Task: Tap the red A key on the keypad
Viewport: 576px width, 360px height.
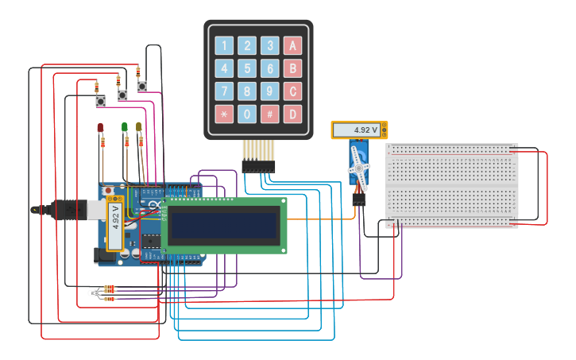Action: click(x=293, y=46)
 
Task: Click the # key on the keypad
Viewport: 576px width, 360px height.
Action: click(x=270, y=114)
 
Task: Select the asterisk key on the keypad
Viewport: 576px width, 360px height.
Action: click(x=224, y=114)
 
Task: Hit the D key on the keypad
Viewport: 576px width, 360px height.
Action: click(x=293, y=114)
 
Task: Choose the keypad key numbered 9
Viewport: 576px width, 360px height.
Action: click(x=270, y=91)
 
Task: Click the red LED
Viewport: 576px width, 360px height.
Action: click(x=100, y=128)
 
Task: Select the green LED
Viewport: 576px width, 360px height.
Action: click(x=125, y=127)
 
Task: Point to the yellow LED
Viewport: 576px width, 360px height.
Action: click(x=139, y=127)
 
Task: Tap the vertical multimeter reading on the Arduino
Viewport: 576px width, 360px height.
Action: click(x=115, y=217)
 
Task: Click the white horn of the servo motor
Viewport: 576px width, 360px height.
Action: click(x=359, y=168)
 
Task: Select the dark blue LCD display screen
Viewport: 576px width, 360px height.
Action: click(x=224, y=225)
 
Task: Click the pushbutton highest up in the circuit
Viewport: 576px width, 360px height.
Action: click(x=141, y=86)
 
